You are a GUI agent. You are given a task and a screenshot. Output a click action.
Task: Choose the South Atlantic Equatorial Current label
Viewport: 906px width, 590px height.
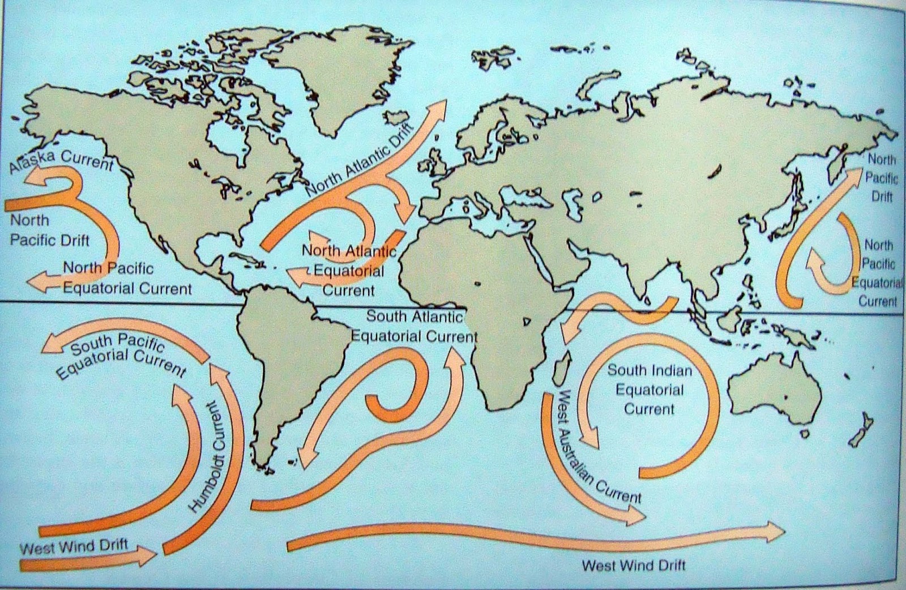tap(414, 327)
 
